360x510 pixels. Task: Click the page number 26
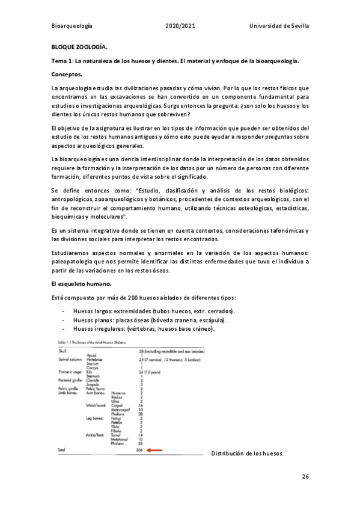coord(305,476)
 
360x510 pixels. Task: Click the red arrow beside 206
coord(154,449)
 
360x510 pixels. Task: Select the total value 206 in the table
coord(141,449)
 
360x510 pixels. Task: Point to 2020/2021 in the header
coord(180,26)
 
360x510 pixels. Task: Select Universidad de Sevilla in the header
coord(279,26)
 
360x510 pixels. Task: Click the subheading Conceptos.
coord(68,75)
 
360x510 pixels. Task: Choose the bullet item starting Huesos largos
coord(154,312)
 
